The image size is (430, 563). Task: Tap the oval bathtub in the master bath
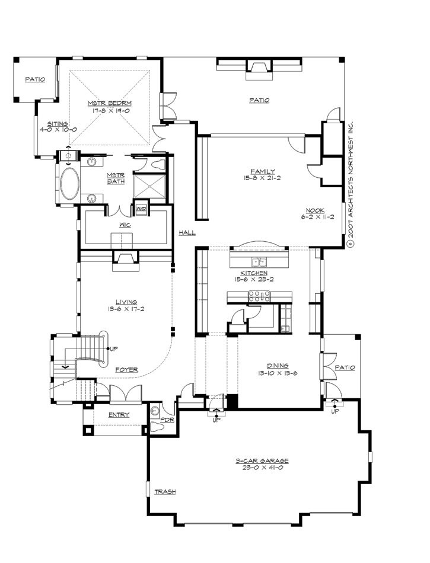coord(69,183)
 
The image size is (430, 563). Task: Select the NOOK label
coord(316,210)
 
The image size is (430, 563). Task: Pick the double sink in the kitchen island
coord(258,262)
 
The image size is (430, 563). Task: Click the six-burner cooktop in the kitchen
coord(259,296)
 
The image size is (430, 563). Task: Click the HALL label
coord(187,233)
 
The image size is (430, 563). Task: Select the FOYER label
coord(126,370)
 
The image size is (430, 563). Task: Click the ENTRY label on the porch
coord(119,415)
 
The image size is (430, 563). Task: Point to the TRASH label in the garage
coord(164,492)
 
